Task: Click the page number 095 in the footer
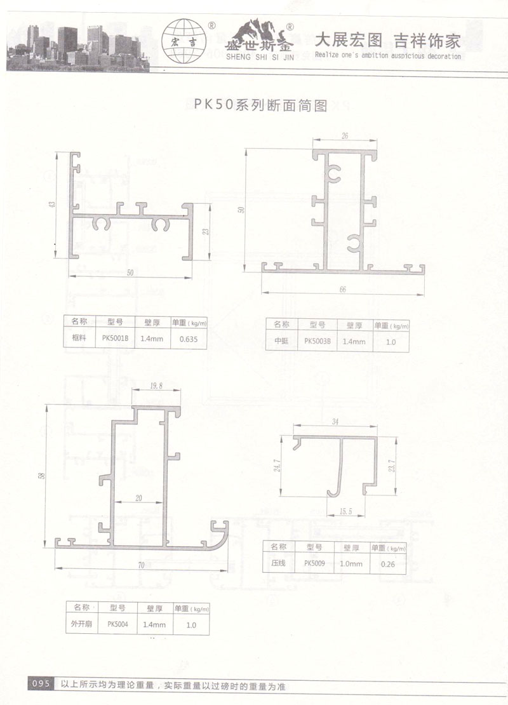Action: [41, 683]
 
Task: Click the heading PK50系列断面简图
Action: [261, 104]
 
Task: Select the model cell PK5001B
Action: [115, 339]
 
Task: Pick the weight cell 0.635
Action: [189, 339]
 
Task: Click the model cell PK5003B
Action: [317, 341]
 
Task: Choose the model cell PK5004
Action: [117, 624]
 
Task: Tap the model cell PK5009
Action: [314, 563]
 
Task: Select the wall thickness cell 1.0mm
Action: [351, 563]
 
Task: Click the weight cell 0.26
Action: [388, 564]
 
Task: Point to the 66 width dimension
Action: [343, 290]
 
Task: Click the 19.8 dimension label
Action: [156, 386]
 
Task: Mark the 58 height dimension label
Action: [42, 475]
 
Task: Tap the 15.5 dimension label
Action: [345, 511]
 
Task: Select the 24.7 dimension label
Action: [277, 466]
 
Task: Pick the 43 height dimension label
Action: [53, 204]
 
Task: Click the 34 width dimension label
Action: [335, 422]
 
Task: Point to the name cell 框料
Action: [79, 338]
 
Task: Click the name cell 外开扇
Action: [81, 624]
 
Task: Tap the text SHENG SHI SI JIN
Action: [260, 57]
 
